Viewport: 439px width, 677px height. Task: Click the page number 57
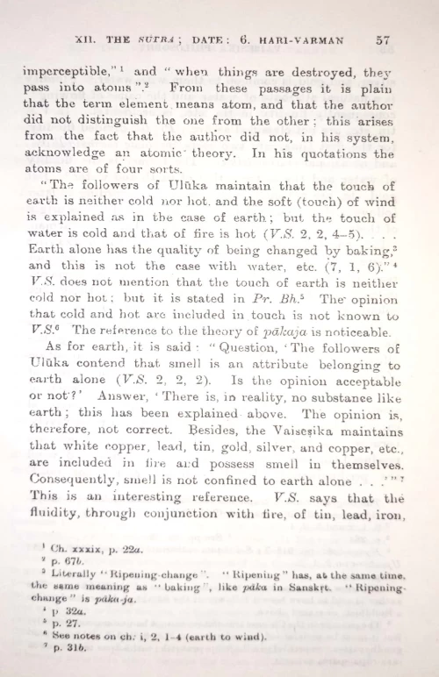click(382, 39)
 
